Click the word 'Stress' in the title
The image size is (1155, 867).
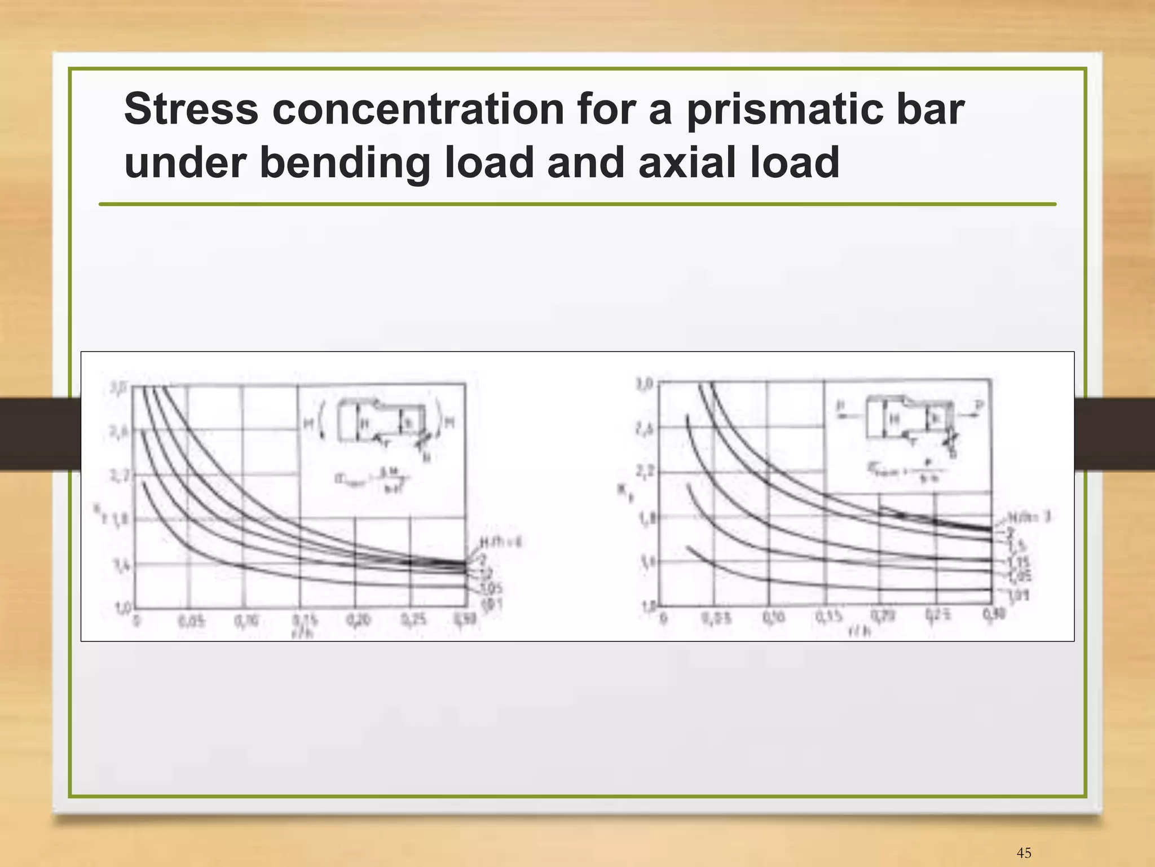(191, 109)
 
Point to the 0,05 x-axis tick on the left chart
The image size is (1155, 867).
(191, 621)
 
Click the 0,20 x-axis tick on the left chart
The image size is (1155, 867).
(356, 620)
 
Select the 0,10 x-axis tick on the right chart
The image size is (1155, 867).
(772, 617)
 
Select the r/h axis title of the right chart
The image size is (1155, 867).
(861, 631)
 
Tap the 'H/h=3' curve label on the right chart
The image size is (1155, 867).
(1029, 517)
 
